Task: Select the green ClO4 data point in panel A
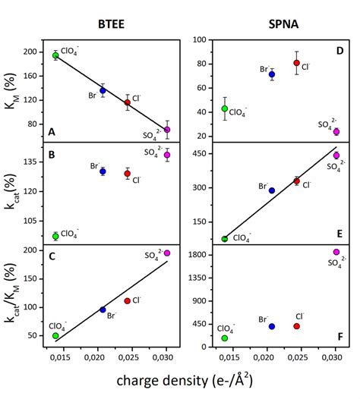[55, 55]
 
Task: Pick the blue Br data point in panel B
[103, 171]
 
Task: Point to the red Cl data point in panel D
[297, 63]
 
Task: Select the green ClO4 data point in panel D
[224, 108]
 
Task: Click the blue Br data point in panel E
[271, 190]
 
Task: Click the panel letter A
[52, 132]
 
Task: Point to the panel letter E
[339, 234]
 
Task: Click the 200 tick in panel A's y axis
[31, 52]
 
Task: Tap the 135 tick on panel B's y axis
[31, 162]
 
